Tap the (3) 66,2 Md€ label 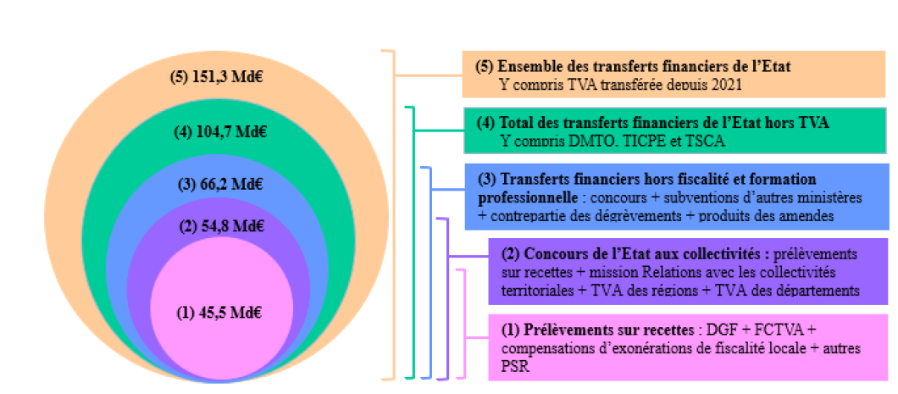pos(219,184)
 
